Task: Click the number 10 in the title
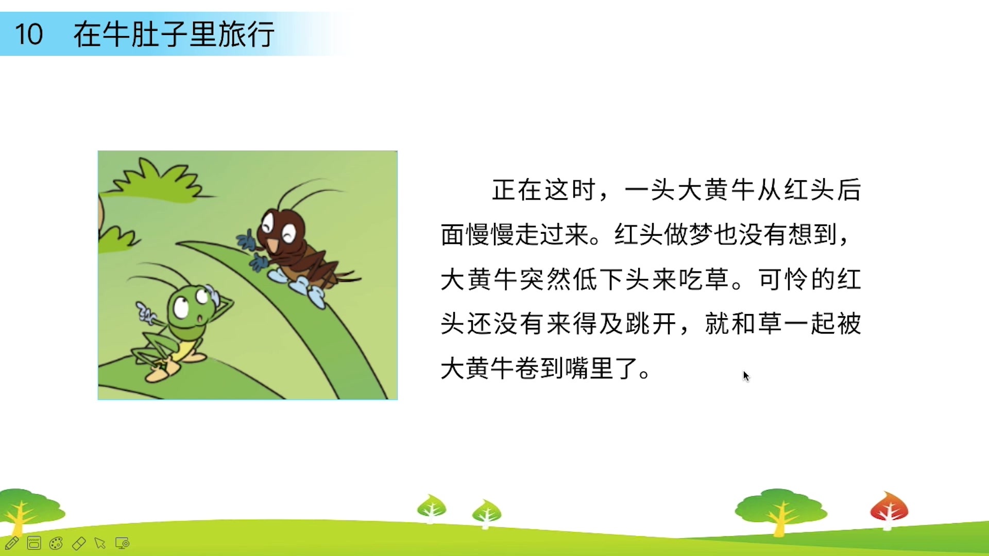coord(29,34)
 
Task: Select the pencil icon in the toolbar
coord(12,543)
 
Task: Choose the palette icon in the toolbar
coord(56,543)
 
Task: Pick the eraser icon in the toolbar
coord(79,543)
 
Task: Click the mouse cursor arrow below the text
coord(746,376)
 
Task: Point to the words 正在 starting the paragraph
coord(518,190)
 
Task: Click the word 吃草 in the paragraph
coord(704,280)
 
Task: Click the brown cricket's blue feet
coord(301,286)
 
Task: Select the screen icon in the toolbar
coord(123,543)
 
